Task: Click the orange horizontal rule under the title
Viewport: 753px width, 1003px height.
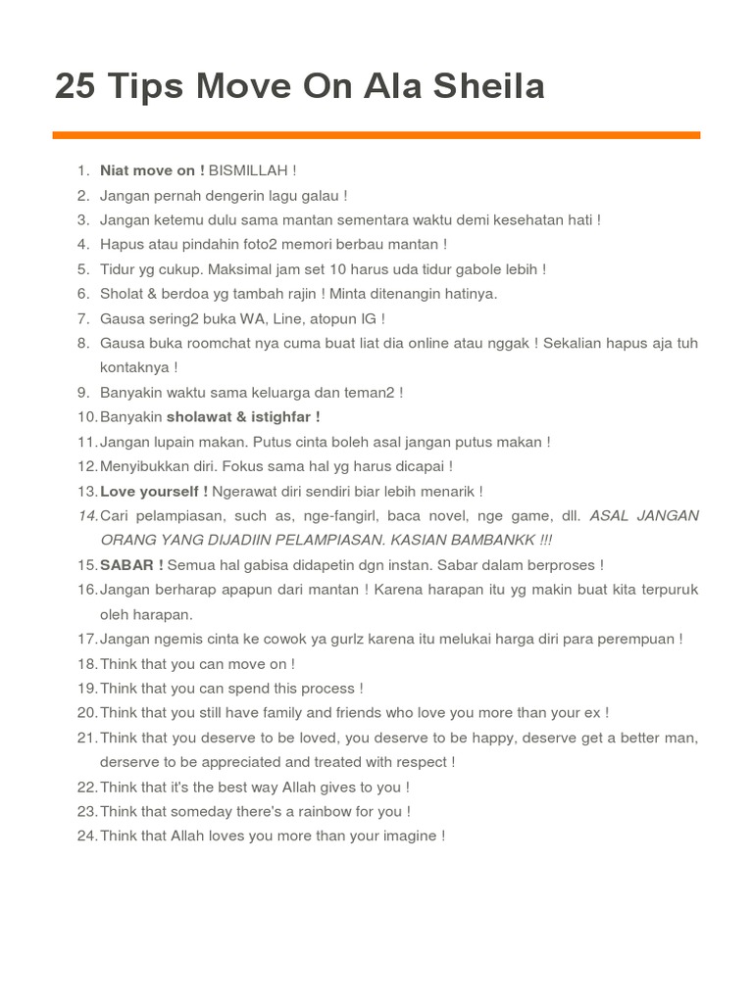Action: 376,134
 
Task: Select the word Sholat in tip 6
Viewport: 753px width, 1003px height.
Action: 121,294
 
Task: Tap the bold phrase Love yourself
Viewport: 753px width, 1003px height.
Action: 150,491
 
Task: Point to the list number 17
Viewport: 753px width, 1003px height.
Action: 86,639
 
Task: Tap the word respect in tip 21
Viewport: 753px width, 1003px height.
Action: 422,762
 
